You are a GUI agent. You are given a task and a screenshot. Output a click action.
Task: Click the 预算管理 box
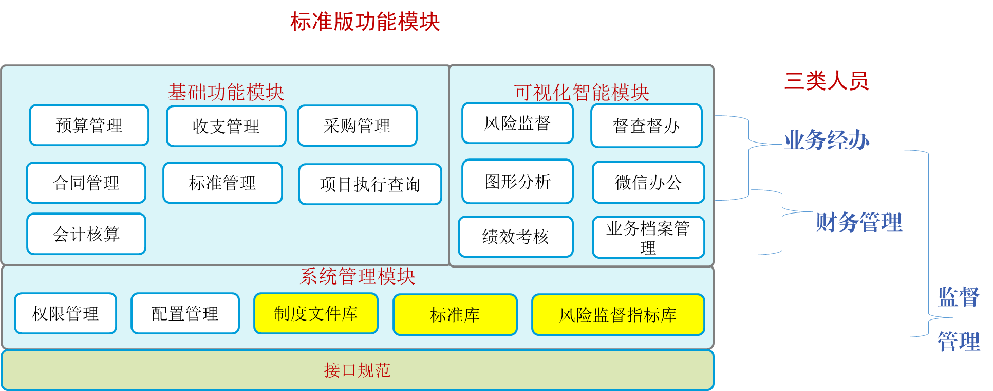89,125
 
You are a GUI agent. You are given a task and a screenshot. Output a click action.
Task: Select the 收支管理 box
226,126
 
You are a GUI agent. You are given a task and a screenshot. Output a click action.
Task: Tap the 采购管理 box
357,126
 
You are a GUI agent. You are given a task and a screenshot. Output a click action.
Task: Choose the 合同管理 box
86,183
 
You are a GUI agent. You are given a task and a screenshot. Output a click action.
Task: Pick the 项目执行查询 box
370,184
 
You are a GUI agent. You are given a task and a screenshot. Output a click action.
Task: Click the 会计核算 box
86,234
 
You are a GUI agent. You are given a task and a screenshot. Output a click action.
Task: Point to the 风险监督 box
517,123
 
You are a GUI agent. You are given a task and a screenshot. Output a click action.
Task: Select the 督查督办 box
646,126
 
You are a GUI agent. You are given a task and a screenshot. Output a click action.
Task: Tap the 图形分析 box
517,182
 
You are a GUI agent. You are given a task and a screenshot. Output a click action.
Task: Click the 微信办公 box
648,182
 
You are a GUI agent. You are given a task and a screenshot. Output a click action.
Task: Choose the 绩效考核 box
515,237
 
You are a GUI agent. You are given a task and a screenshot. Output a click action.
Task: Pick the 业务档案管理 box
648,237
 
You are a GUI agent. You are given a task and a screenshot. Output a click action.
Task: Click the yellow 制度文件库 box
316,313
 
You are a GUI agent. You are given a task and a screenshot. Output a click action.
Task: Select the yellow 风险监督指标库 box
618,314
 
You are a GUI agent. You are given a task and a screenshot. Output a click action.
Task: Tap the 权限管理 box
65,313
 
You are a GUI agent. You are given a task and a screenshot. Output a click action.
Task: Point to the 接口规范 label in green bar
357,370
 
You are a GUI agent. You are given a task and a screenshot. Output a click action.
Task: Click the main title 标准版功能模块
365,22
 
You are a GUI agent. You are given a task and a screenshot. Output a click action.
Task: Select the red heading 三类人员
827,81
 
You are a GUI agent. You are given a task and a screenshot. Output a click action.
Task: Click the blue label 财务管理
859,222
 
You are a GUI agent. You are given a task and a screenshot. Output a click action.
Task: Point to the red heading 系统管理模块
358,276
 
